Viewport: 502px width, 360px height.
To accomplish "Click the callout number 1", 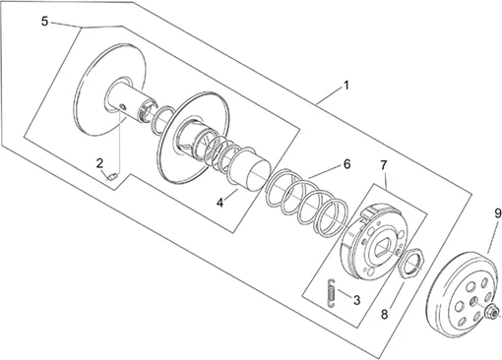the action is click(x=345, y=86).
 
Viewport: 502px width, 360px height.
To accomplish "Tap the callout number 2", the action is click(x=99, y=163).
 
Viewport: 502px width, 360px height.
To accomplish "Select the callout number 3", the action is click(x=356, y=300).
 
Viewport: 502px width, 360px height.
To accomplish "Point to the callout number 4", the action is click(x=220, y=203).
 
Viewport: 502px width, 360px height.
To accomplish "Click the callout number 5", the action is click(x=44, y=22).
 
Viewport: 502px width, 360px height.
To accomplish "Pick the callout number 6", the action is click(x=347, y=164).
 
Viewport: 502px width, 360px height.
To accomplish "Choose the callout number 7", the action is click(x=384, y=165).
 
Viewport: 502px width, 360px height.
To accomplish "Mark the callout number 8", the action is click(x=384, y=315).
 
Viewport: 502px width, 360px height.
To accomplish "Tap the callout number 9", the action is click(x=498, y=213).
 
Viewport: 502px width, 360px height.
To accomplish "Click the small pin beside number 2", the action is click(x=112, y=177).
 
